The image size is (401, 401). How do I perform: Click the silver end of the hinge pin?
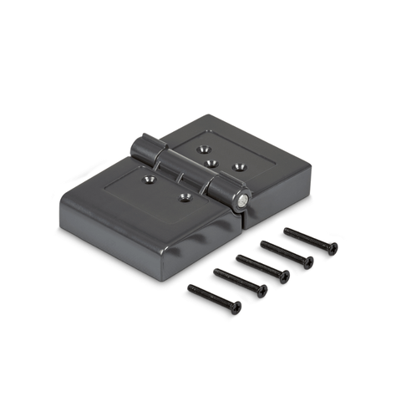click(242, 200)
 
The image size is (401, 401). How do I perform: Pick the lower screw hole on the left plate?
click(185, 197)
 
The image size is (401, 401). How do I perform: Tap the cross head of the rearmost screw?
click(332, 248)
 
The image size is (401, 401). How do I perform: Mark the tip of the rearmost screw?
click(287, 231)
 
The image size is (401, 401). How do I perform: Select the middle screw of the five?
click(261, 266)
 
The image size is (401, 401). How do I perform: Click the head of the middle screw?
click(285, 277)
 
